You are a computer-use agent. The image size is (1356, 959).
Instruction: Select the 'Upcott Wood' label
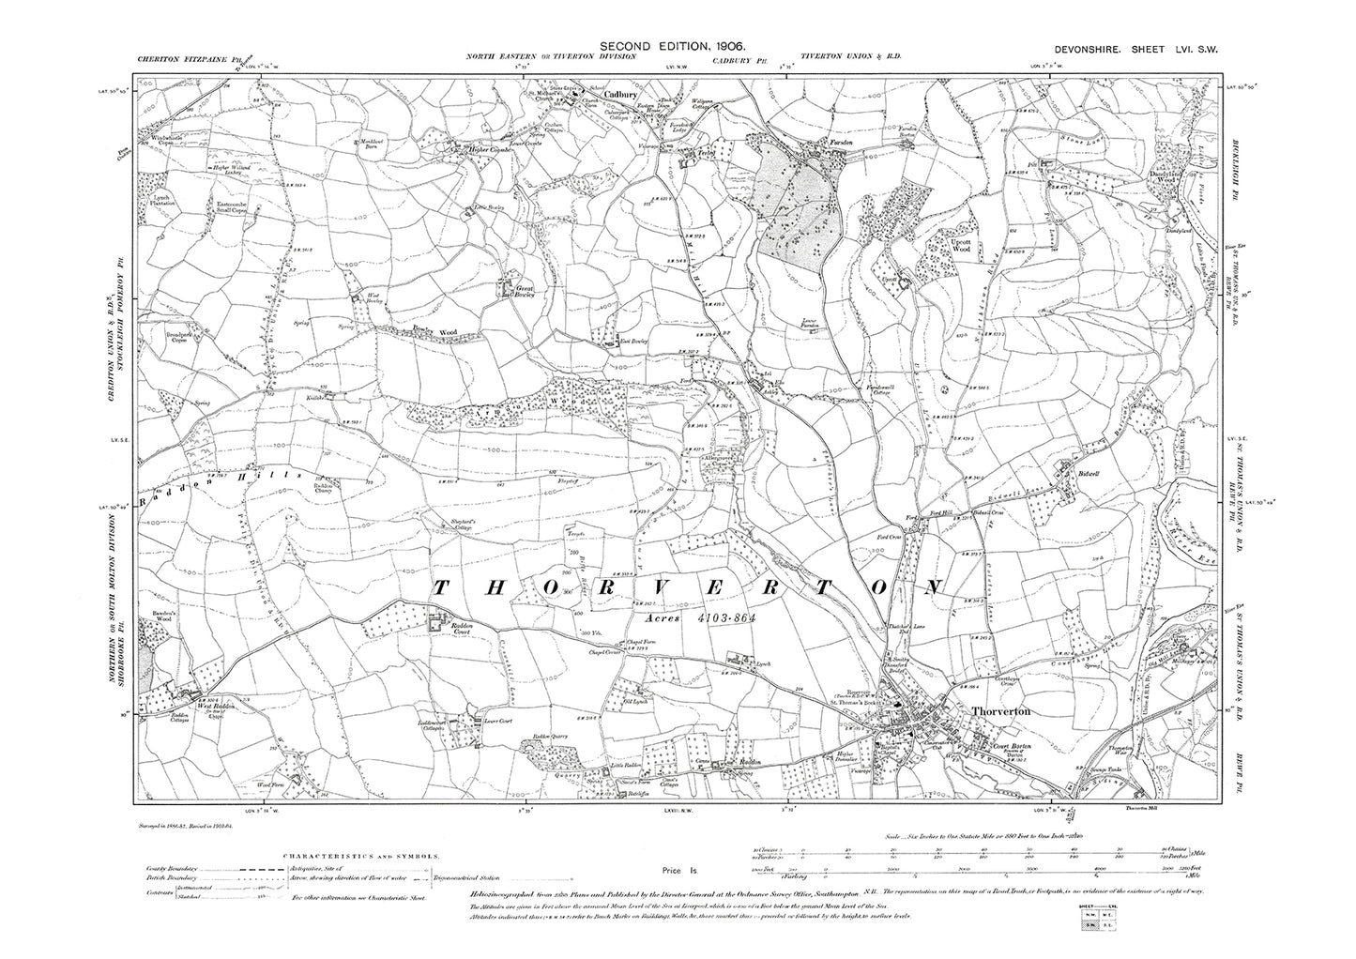[x=960, y=247]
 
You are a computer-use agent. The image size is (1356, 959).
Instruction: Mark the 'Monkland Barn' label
[x=373, y=144]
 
